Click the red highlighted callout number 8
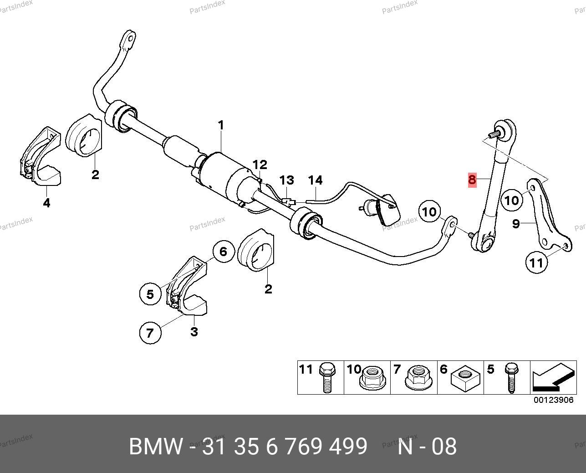tap(472, 180)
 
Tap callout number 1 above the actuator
tap(221, 125)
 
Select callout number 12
tap(260, 165)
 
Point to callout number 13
tap(287, 180)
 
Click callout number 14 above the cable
tap(316, 180)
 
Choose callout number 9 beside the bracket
tap(516, 224)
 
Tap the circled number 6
tap(223, 252)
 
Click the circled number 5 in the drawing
tap(150, 294)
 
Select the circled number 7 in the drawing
tap(150, 333)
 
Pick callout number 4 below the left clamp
tap(46, 203)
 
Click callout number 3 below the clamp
tap(194, 332)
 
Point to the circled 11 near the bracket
tap(536, 262)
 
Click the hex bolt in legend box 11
tap(327, 378)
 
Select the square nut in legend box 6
tap(465, 378)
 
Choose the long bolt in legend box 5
tap(512, 378)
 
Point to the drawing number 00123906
tap(554, 400)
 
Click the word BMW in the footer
tap(156, 447)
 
